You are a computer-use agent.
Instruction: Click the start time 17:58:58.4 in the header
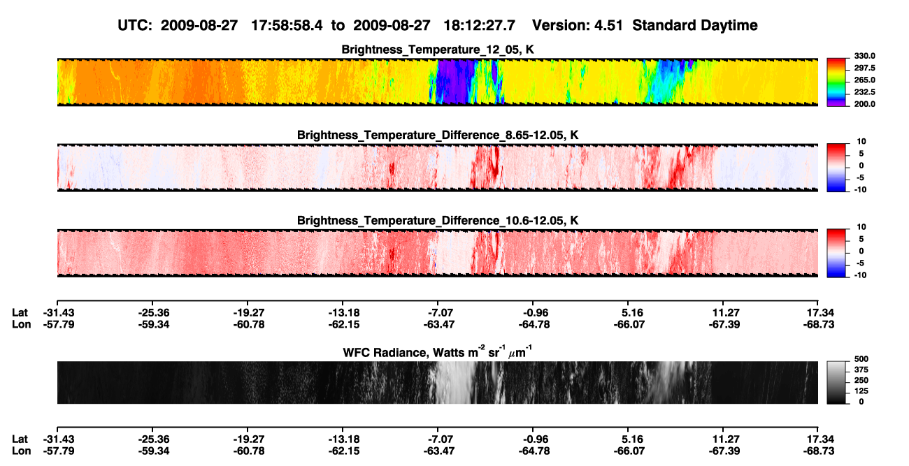[x=287, y=26]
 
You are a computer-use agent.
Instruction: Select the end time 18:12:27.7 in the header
[x=479, y=26]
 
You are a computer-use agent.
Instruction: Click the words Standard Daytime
[x=695, y=26]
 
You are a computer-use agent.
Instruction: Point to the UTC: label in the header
[x=135, y=26]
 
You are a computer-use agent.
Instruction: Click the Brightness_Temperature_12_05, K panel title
[x=438, y=50]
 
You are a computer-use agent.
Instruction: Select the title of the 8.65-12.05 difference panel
[x=438, y=135]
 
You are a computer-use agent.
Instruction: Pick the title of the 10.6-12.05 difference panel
[x=438, y=221]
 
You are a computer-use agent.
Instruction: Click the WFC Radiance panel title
[x=438, y=352]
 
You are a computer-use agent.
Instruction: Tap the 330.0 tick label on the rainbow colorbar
[x=864, y=56]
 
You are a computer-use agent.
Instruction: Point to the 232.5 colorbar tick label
[x=864, y=92]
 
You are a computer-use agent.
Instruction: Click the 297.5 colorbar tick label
[x=864, y=68]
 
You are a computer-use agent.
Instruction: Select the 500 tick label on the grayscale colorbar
[x=861, y=359]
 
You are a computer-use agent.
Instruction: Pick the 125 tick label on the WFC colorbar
[x=861, y=391]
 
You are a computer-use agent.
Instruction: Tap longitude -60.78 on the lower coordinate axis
[x=249, y=451]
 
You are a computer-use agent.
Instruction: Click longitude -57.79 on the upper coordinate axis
[x=59, y=324]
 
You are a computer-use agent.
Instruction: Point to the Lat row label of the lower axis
[x=20, y=439]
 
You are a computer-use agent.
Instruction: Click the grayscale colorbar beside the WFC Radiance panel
[x=836, y=382]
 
